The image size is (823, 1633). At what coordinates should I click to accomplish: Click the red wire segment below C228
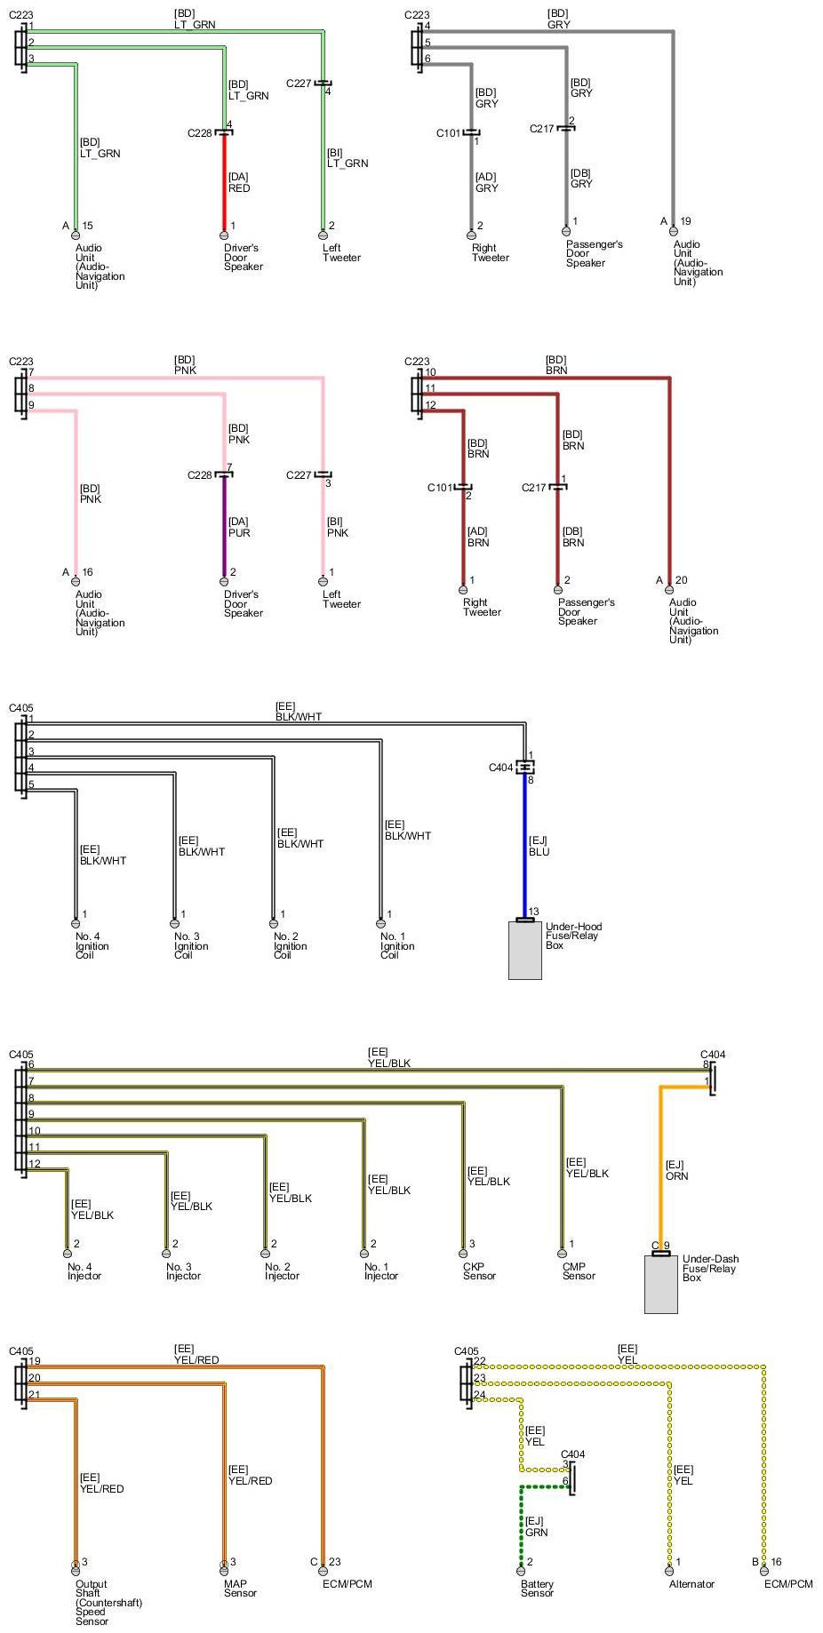pos(224,182)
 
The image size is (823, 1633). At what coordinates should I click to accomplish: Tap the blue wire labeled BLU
pos(525,844)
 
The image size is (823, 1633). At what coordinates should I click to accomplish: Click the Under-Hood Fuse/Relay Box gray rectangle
pos(524,950)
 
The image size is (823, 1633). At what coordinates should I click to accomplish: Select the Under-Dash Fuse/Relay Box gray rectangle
pos(660,1283)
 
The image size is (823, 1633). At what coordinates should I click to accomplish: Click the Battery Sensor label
pos(537,1588)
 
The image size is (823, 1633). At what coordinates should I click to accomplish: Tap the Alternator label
pos(691,1584)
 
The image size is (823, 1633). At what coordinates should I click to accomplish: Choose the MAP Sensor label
pos(240,1588)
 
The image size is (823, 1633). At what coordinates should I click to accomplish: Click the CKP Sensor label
pos(479,1271)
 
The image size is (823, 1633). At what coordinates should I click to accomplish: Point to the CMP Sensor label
pos(579,1271)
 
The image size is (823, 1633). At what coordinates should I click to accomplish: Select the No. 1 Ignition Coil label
pos(396,945)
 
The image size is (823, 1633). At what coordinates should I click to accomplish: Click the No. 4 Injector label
pos(84,1271)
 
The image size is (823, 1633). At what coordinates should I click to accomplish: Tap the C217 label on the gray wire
pos(542,129)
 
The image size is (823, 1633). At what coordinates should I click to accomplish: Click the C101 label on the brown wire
pos(440,488)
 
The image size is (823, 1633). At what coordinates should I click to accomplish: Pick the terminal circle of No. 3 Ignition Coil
pos(174,923)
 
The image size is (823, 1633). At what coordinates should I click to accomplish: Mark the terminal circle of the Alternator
pos(670,1571)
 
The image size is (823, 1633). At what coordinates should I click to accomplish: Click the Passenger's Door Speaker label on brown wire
pos(586,611)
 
